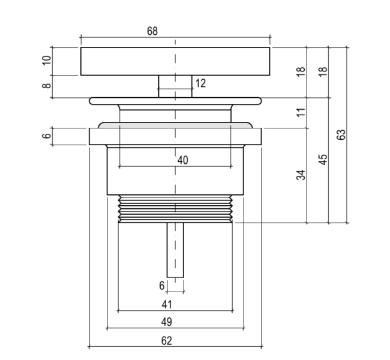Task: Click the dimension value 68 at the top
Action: tap(152, 31)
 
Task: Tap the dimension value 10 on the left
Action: tap(47, 61)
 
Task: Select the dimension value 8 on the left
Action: tap(47, 86)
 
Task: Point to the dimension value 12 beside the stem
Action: tap(200, 83)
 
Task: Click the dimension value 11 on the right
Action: tap(301, 112)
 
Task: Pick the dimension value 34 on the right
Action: tap(301, 175)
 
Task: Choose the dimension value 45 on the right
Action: tap(323, 160)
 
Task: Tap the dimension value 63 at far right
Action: tap(342, 134)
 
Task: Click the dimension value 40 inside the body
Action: tap(183, 160)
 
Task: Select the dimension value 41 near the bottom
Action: tap(167, 305)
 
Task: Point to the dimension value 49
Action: tap(167, 322)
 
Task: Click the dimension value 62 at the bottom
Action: tap(167, 341)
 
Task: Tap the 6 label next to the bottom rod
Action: tap(161, 286)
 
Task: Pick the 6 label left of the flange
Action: tap(47, 136)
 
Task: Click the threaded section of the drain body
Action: tap(175, 209)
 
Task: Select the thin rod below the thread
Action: tap(175, 250)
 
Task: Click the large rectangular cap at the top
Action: tap(175, 61)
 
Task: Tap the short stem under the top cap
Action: tap(175, 86)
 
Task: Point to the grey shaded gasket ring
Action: tap(175, 125)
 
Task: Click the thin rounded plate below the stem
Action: tap(175, 101)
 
